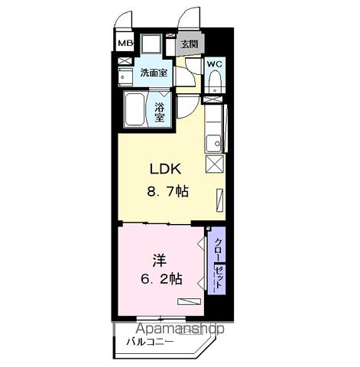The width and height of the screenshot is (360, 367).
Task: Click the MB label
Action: (x=125, y=44)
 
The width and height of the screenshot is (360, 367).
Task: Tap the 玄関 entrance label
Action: (x=190, y=44)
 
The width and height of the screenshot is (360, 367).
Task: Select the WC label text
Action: (x=215, y=64)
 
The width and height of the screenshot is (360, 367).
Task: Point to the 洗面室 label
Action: (x=154, y=73)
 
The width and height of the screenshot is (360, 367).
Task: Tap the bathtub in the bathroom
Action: (x=135, y=109)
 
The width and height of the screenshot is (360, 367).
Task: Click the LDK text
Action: (x=166, y=169)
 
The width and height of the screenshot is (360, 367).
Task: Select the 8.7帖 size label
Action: (x=167, y=191)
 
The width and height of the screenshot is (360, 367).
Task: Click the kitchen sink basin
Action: (x=214, y=144)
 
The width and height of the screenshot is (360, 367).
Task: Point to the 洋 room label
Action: (x=160, y=261)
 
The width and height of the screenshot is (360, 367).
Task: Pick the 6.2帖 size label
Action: (x=161, y=279)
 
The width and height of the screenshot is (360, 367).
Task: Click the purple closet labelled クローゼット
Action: (x=216, y=261)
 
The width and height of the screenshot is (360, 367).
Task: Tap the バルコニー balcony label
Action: (x=150, y=341)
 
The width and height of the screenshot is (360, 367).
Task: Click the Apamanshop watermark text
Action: (x=180, y=329)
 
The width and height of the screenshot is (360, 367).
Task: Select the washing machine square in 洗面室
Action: (x=151, y=44)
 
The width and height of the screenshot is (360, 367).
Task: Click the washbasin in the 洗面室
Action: (x=125, y=76)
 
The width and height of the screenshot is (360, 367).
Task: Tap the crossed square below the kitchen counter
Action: (x=215, y=164)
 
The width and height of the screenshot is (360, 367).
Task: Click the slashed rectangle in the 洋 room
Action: (x=189, y=301)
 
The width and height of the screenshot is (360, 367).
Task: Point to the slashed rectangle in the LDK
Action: (x=220, y=200)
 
